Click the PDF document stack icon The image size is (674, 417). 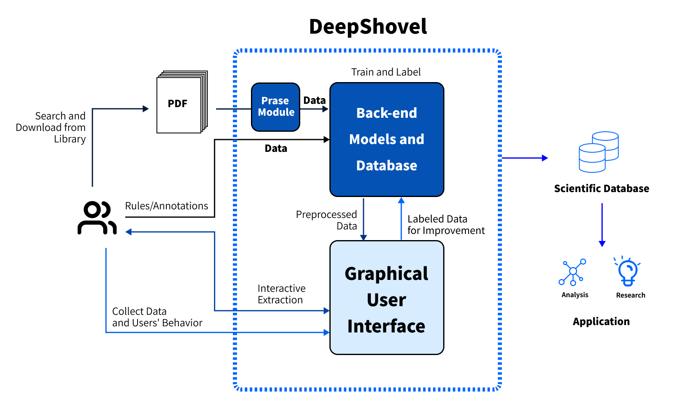181,103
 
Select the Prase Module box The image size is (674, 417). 275,107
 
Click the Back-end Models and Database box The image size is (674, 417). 386,139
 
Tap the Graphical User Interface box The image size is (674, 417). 386,297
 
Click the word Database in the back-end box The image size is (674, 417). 386,165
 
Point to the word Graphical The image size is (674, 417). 386,274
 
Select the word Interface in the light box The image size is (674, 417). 386,326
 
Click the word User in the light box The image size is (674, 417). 386,300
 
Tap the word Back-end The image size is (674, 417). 386,113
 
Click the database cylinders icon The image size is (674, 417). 598,152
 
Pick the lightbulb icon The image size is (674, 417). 628,271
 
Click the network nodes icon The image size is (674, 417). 573,272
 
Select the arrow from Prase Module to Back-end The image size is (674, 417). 314,109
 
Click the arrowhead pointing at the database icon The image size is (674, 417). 545,158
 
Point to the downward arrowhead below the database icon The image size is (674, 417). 602,243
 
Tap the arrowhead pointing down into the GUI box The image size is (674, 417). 363,237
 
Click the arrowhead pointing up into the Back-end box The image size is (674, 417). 401,200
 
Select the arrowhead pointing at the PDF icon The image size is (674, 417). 146,109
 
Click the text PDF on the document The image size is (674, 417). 177,103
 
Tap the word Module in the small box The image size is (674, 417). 276,112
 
